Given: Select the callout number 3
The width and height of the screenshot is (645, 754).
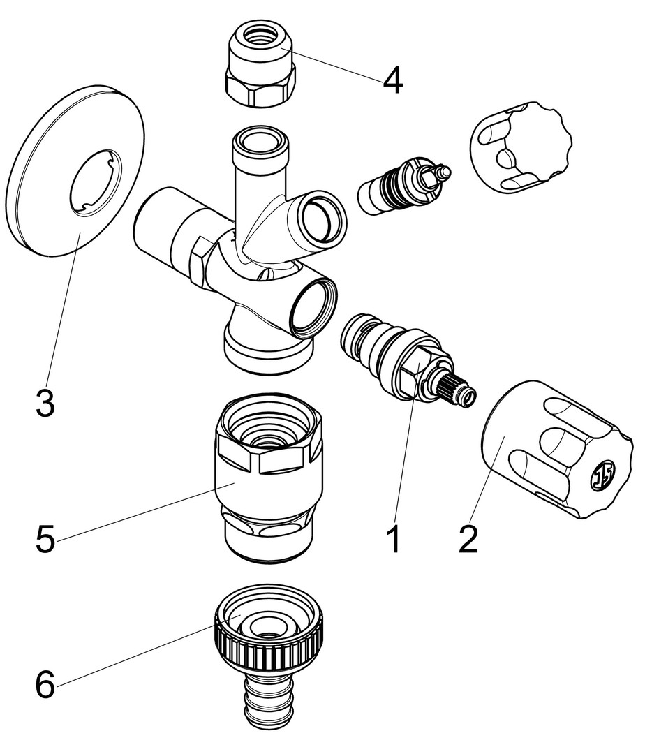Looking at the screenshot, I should (x=45, y=404).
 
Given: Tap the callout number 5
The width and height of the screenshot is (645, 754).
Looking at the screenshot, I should (x=45, y=539).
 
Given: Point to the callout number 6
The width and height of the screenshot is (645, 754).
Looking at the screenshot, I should (x=45, y=685).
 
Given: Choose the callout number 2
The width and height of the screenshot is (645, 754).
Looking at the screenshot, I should (x=468, y=539).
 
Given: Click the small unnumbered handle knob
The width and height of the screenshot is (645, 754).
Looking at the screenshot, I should (x=520, y=147).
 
